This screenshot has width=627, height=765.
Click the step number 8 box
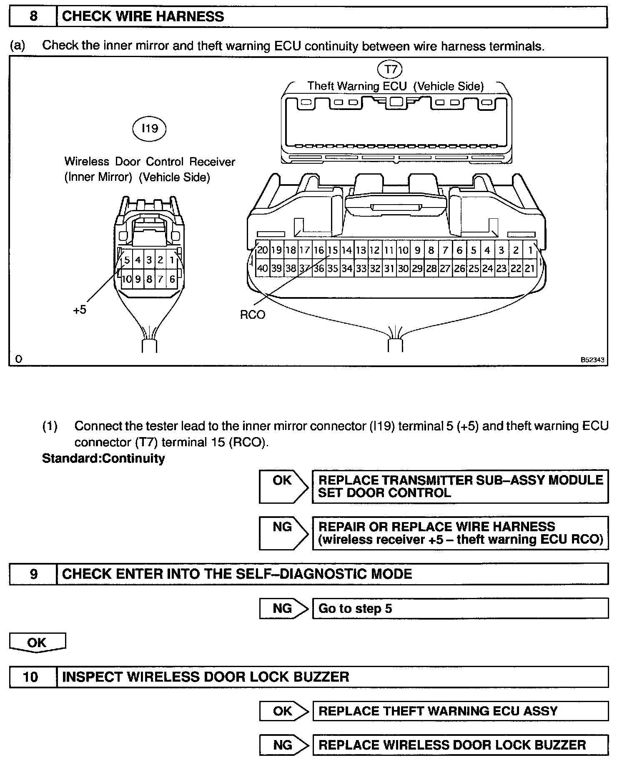pos(33,17)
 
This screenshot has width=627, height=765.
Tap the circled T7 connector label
pos(390,69)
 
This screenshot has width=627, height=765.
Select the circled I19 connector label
pos(150,128)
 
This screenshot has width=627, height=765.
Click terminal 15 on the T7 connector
pos(333,250)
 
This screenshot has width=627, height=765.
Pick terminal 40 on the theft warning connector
pos(262,268)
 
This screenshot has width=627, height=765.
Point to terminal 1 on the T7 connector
pos(530,250)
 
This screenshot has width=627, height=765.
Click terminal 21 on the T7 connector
pos(530,268)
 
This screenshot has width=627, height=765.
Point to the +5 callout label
pos(79,310)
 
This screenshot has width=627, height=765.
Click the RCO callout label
pos(253,315)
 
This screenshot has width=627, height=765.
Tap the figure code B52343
pos(592,360)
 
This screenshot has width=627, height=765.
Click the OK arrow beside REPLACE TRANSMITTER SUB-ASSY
pos(283,486)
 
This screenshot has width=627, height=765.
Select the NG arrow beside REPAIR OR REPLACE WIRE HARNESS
pos(283,533)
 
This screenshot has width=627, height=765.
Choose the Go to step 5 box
pos(460,608)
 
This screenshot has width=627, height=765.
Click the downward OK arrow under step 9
pos(37,642)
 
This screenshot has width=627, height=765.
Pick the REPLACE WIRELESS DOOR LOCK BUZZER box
pos(460,745)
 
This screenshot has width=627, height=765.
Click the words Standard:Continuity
pos(103,458)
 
